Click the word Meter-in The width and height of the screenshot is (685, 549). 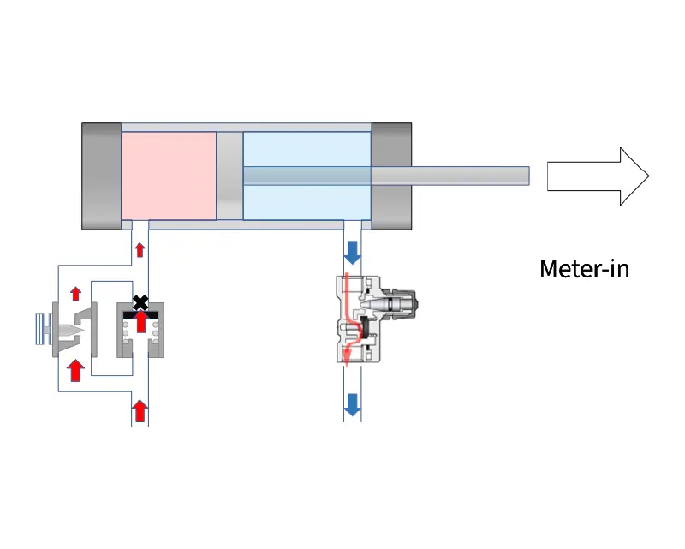click(584, 269)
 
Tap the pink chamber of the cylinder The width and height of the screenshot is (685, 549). click(168, 176)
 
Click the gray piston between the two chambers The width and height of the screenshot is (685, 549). click(229, 176)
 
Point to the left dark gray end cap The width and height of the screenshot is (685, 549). click(101, 176)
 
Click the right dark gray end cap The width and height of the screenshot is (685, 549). click(391, 176)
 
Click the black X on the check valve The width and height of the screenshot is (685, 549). click(140, 302)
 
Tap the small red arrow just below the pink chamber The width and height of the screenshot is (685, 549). click(140, 250)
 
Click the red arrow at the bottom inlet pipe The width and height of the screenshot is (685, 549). click(140, 411)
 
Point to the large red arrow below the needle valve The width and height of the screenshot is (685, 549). click(75, 369)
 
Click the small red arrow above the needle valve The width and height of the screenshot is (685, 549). click(75, 294)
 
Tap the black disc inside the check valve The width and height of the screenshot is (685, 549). click(140, 314)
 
